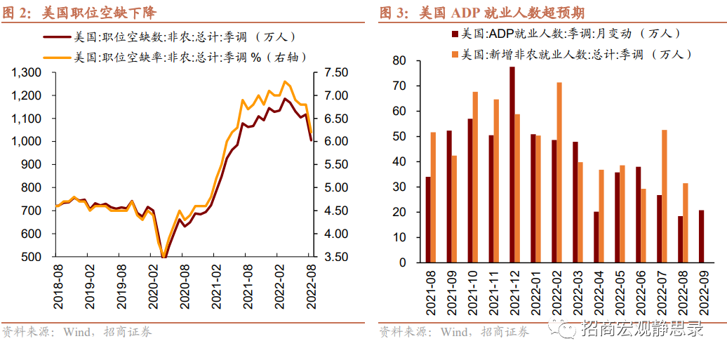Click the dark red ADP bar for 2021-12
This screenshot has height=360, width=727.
coord(512,165)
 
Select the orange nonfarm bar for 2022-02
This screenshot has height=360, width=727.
coord(559,173)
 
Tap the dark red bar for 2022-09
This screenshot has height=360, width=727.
coord(701,236)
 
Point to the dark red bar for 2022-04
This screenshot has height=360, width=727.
coord(596,237)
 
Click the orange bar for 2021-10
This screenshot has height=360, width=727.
coord(475,177)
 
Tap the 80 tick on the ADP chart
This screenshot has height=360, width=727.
coord(399,61)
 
